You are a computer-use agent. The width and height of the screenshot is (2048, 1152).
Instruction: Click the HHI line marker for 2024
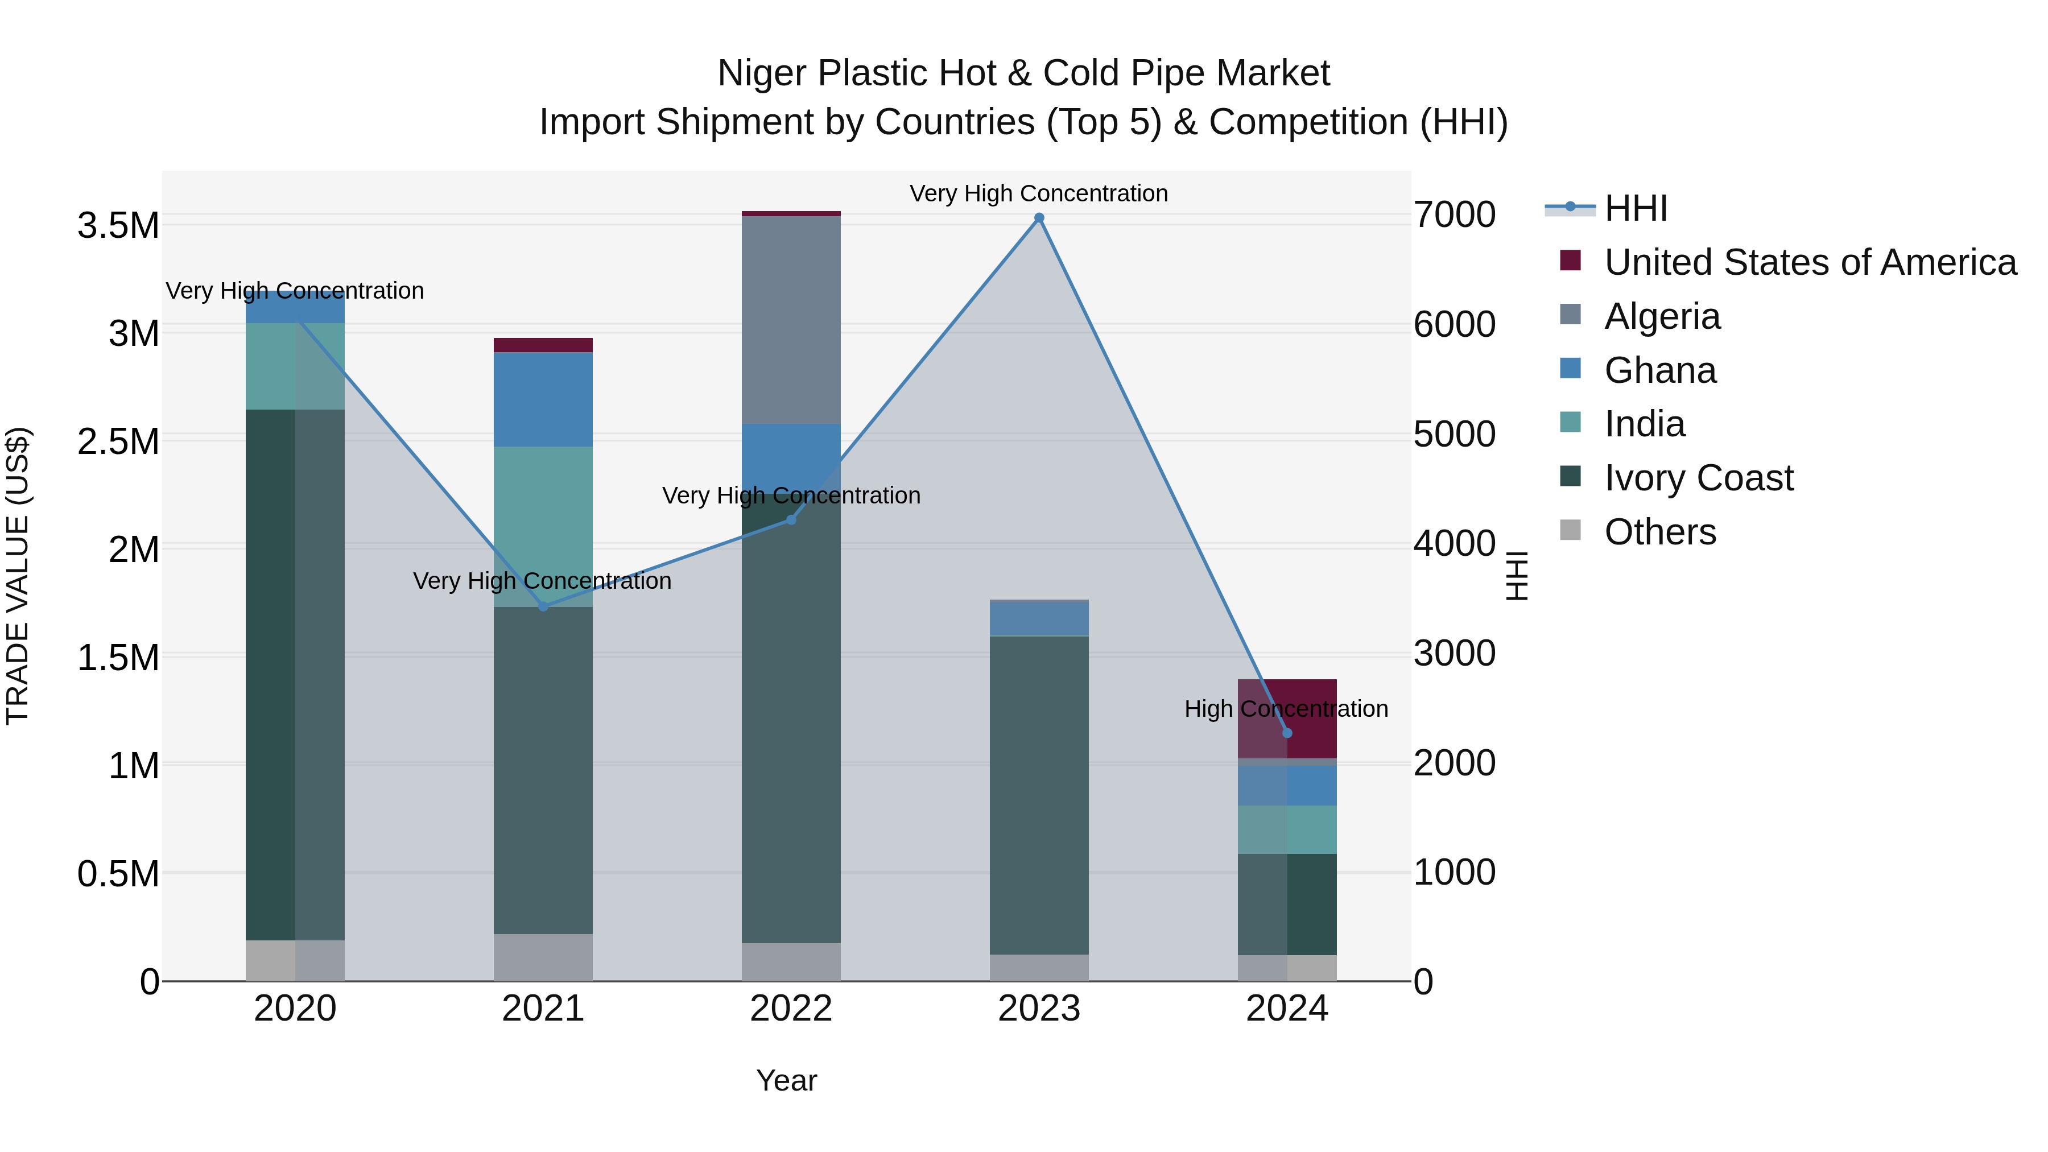coord(1287,733)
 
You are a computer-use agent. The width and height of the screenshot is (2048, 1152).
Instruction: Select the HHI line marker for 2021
coord(543,606)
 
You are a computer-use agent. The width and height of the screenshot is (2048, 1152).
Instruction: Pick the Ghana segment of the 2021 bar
coord(543,399)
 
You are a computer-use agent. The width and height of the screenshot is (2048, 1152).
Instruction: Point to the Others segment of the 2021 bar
coord(543,957)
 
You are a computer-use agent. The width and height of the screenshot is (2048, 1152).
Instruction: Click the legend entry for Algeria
coord(1662,316)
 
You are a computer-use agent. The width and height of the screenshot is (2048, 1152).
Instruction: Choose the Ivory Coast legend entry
coord(1698,478)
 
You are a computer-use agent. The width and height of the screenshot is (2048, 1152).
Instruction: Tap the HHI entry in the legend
coord(1636,208)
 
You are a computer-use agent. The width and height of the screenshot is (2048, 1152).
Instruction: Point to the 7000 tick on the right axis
coord(1454,214)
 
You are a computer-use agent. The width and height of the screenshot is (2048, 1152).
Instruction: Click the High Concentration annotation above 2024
coord(1286,708)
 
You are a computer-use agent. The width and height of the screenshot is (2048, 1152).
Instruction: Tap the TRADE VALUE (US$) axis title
coord(18,576)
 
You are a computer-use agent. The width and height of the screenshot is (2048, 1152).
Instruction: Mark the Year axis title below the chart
coord(786,1080)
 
